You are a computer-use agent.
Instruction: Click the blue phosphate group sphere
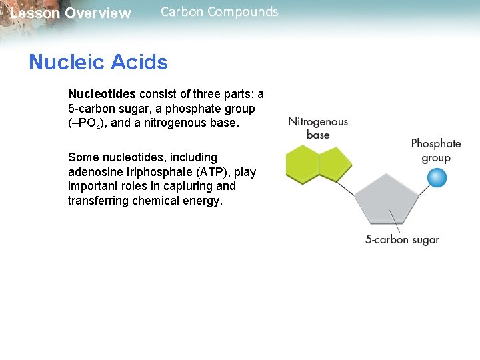(x=437, y=178)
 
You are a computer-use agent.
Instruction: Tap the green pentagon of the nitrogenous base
(x=335, y=164)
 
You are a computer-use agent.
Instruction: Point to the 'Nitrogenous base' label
(x=318, y=128)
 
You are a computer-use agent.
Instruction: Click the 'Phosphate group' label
(x=436, y=151)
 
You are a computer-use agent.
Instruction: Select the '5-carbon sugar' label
(x=402, y=240)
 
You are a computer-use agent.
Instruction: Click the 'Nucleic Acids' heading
(x=98, y=63)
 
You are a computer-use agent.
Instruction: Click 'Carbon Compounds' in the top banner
(x=219, y=12)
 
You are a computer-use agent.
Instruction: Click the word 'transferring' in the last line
(x=96, y=201)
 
